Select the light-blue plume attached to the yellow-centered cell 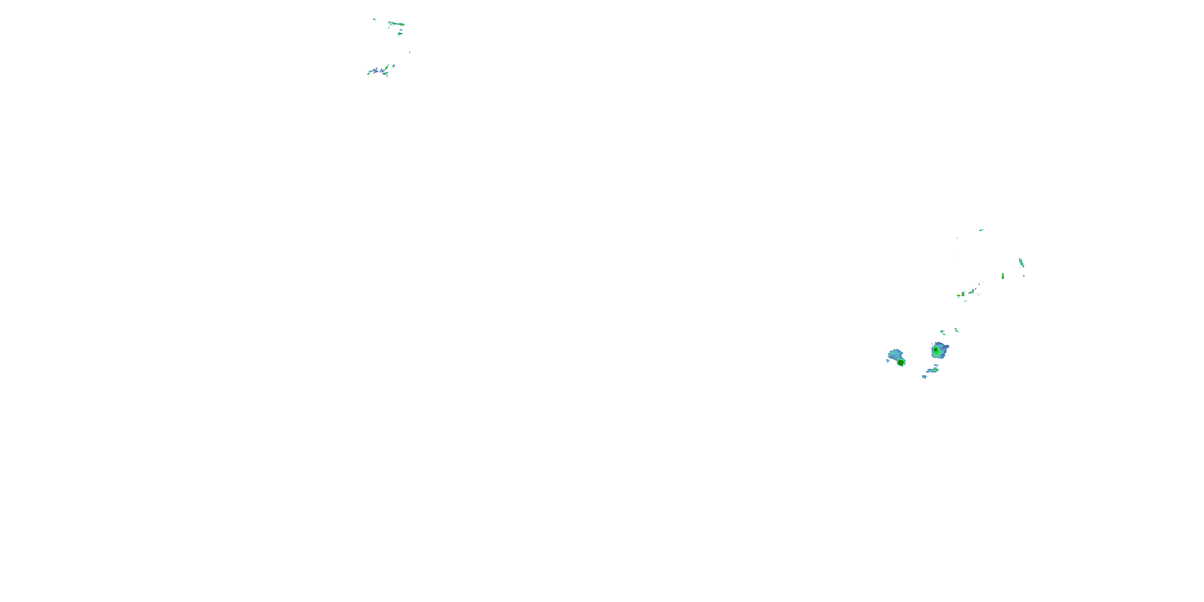pos(895,354)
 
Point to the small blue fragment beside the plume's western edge pos(888,360)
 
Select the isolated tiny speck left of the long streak pos(374,19)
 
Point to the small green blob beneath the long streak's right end pos(400,34)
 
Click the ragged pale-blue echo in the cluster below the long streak pos(375,71)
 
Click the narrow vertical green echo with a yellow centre pos(1003,276)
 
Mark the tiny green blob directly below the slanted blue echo pos(1023,275)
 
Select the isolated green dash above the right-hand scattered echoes pos(981,230)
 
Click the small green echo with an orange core pos(963,295)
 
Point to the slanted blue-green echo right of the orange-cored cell pos(972,292)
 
